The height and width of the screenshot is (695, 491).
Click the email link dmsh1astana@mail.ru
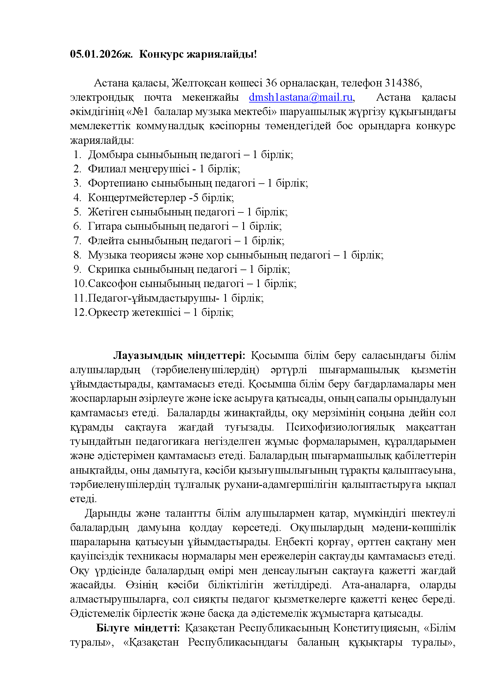(301, 97)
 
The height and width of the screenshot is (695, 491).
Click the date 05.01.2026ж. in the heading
(101, 54)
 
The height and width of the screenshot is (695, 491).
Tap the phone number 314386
(402, 83)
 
